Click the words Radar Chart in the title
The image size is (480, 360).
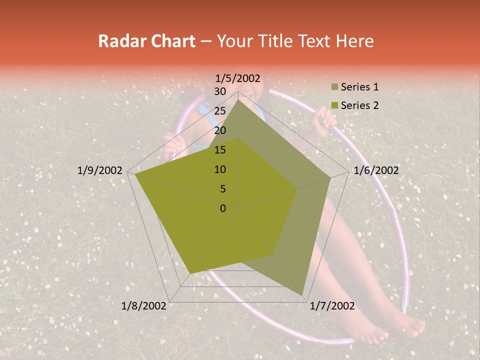(146, 41)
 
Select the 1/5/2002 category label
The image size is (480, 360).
(238, 78)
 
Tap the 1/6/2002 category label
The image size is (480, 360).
(376, 170)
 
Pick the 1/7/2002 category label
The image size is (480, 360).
(332, 306)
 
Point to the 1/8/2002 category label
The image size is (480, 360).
(143, 306)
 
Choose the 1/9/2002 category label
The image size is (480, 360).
(99, 170)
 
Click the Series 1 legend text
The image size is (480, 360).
(359, 87)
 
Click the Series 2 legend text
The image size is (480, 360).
(359, 105)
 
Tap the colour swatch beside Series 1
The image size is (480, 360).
(334, 87)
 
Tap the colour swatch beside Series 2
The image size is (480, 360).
(334, 106)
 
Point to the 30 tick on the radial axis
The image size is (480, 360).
(220, 91)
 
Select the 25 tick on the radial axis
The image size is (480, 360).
(220, 111)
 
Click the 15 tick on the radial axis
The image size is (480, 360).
(220, 150)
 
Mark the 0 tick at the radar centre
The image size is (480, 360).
(223, 208)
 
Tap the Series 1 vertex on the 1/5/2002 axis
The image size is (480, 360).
(238, 99)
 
